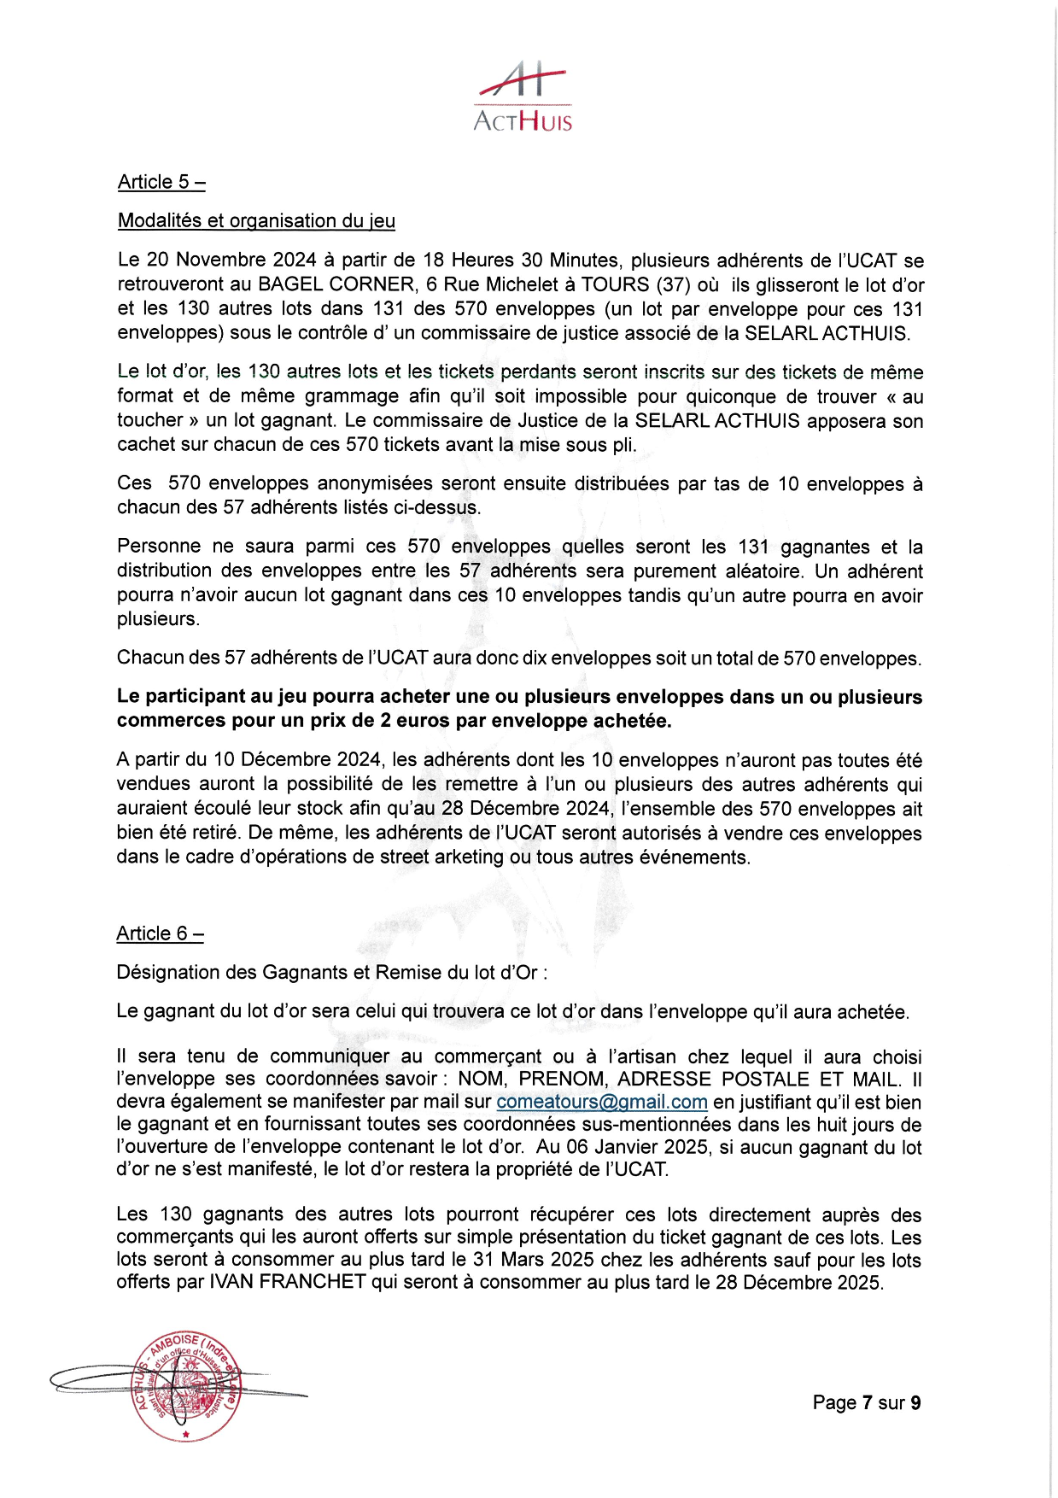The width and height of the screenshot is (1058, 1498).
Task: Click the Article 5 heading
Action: pos(161,182)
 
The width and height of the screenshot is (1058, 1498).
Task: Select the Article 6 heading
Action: pos(160,933)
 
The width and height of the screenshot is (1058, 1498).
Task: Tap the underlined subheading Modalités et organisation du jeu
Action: pos(256,220)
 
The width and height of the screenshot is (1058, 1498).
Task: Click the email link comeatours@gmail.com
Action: pos(601,1103)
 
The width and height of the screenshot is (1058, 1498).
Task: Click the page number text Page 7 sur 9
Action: pos(866,1402)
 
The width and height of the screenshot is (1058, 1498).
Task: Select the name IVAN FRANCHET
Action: pos(287,1283)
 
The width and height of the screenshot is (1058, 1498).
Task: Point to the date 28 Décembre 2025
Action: pos(798,1283)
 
